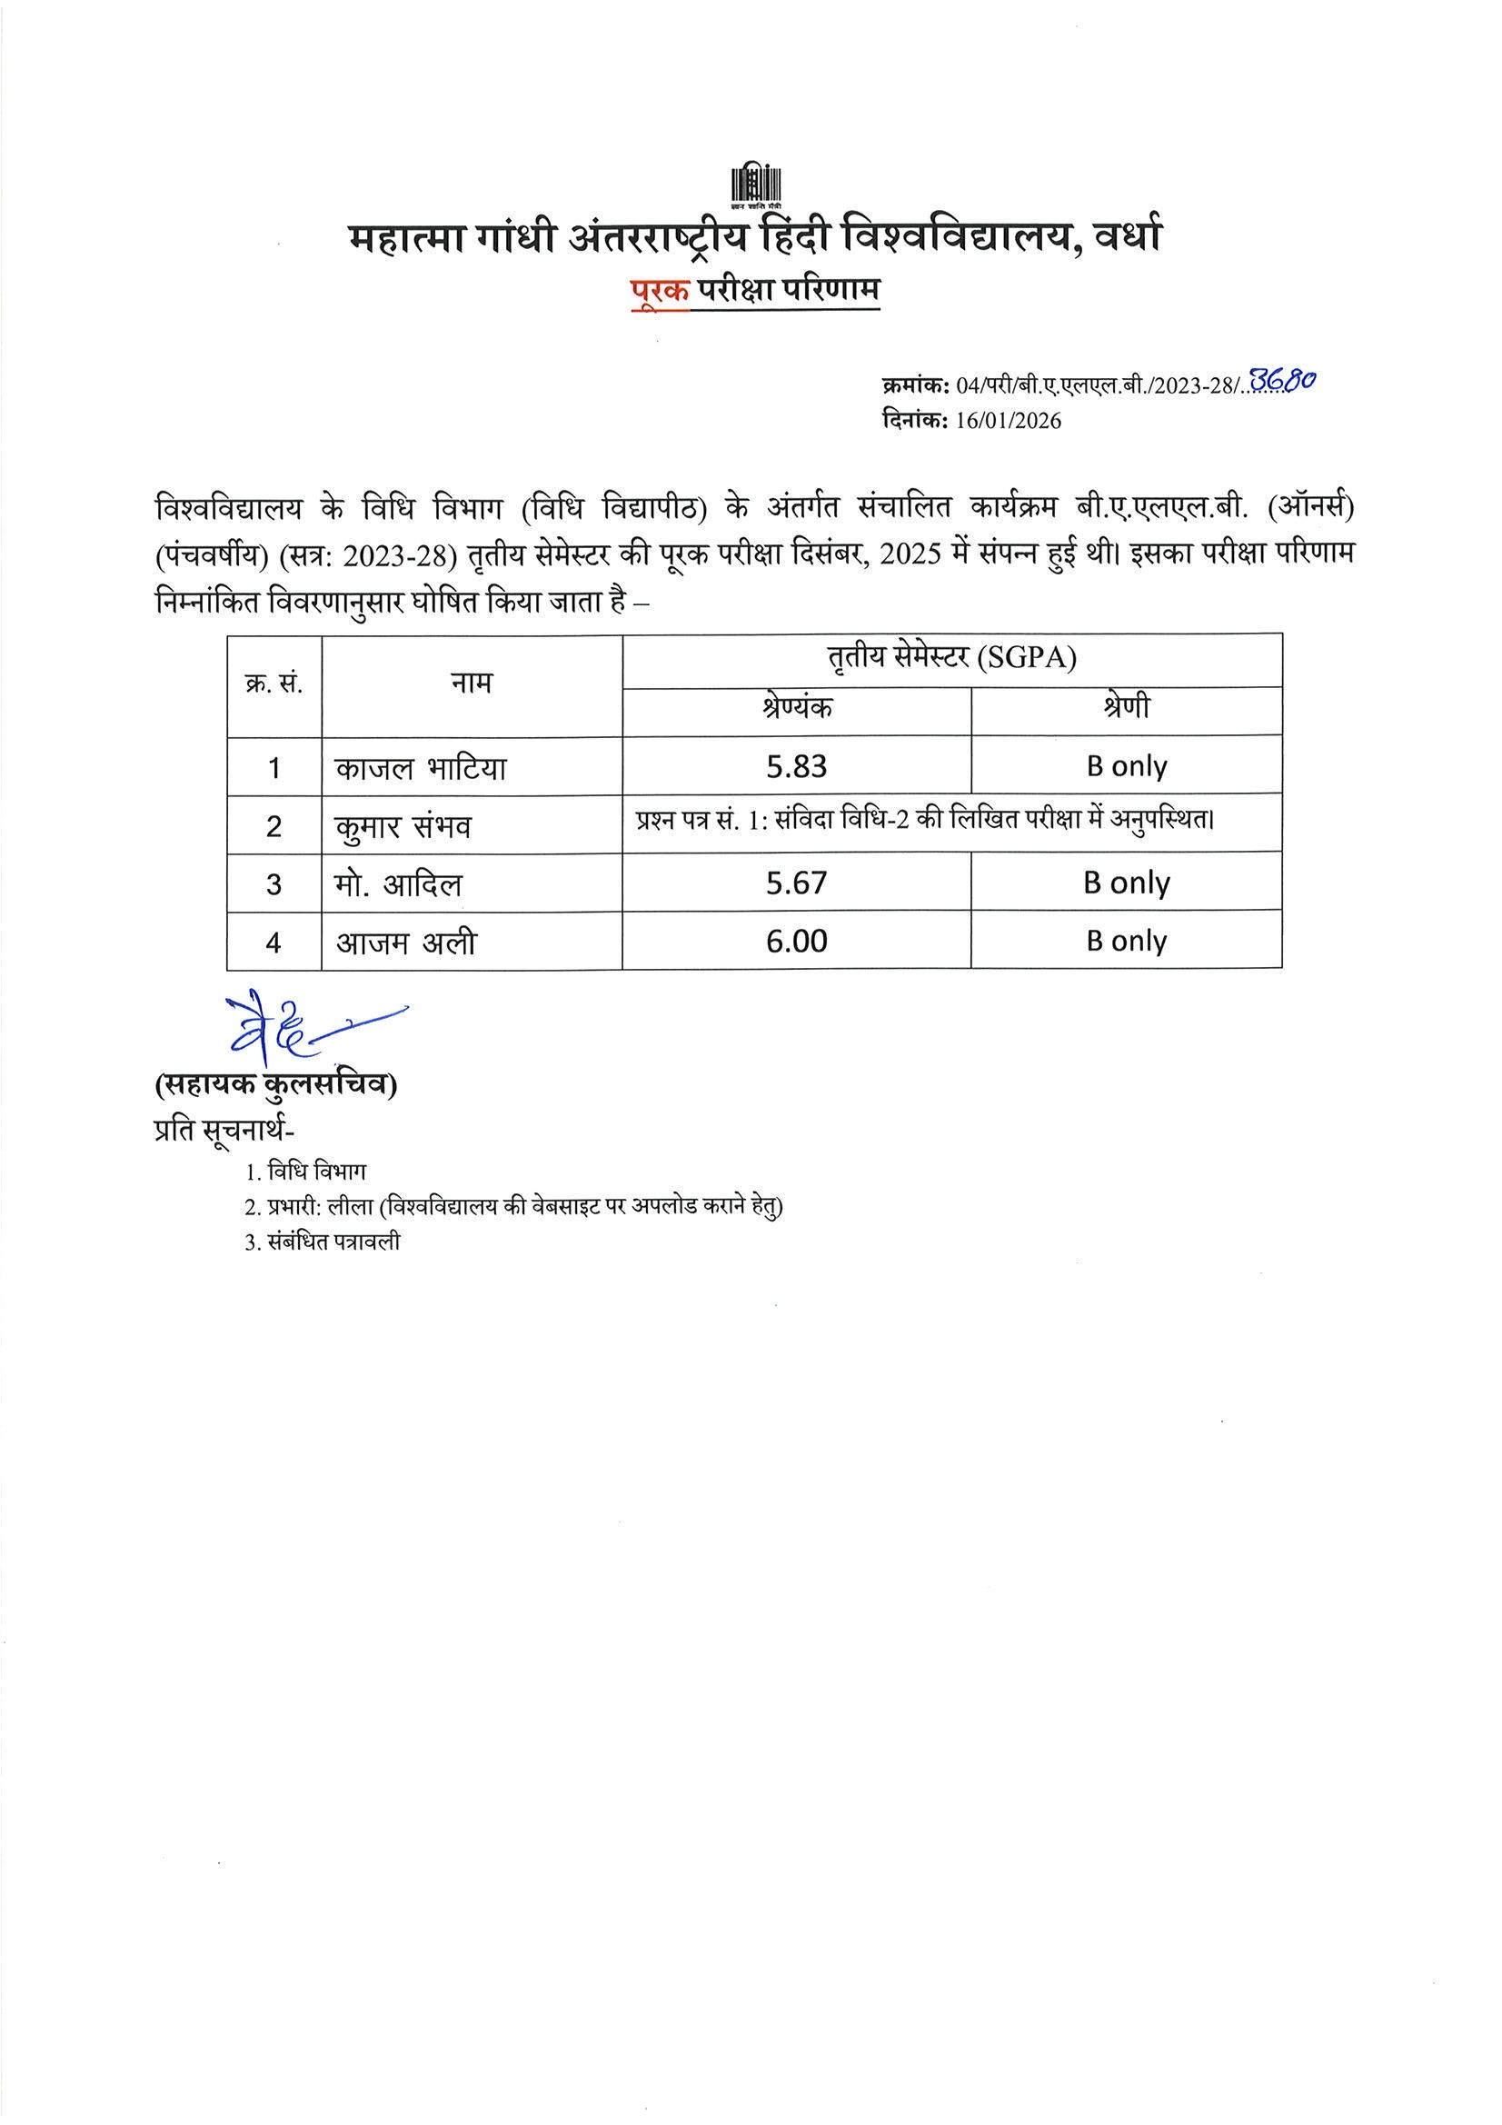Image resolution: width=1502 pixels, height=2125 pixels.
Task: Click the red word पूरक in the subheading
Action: point(660,290)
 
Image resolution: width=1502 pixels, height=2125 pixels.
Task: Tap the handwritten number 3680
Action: point(1282,380)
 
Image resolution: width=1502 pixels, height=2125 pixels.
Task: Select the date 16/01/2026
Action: point(1009,421)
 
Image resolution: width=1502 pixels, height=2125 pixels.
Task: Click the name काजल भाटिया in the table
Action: point(421,768)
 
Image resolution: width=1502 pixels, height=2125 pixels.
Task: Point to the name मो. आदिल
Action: point(398,884)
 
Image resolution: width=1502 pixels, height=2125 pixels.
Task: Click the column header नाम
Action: point(471,683)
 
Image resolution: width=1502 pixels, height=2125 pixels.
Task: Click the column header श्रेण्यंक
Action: point(797,709)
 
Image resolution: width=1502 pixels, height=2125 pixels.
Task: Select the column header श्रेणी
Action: point(1126,709)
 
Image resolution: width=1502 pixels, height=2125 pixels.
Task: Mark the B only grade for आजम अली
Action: point(1126,942)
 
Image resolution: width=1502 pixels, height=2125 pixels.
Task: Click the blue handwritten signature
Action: point(296,1029)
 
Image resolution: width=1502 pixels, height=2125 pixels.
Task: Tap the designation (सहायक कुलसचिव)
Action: point(277,1085)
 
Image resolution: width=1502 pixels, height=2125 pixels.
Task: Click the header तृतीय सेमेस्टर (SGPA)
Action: point(952,658)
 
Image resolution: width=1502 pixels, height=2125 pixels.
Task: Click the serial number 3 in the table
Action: point(274,884)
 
